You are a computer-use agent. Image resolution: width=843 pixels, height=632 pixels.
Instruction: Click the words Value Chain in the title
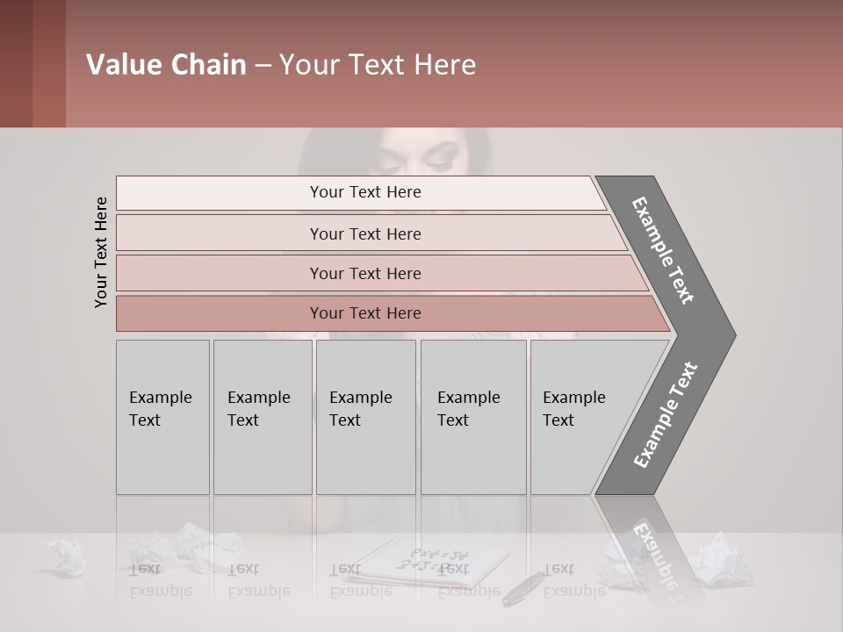[x=166, y=65]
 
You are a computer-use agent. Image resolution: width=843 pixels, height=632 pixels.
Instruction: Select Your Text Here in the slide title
[x=378, y=65]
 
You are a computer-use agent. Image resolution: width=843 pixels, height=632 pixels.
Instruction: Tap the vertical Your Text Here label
[x=101, y=252]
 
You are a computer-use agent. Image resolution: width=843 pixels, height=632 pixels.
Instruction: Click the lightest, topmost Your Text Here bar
[x=365, y=192]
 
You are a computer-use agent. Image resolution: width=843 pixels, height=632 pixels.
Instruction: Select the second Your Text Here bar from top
[x=365, y=233]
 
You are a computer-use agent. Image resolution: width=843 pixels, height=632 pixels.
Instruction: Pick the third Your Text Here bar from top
[x=365, y=273]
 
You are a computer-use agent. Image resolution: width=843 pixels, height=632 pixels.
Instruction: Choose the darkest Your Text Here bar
[x=365, y=313]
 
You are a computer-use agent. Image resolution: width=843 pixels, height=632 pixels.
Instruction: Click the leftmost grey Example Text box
[x=162, y=417]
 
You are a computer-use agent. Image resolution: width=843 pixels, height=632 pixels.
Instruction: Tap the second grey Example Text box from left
[x=262, y=417]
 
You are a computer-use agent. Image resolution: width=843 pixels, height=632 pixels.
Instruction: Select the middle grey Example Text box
[x=365, y=417]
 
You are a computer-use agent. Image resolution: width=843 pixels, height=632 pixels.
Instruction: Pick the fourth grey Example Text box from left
[x=472, y=417]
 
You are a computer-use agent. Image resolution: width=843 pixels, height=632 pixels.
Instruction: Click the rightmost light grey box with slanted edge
[x=580, y=417]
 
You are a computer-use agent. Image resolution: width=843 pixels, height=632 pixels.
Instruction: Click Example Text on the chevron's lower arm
[x=666, y=414]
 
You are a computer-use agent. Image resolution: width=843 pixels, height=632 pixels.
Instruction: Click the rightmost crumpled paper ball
[x=720, y=558]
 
